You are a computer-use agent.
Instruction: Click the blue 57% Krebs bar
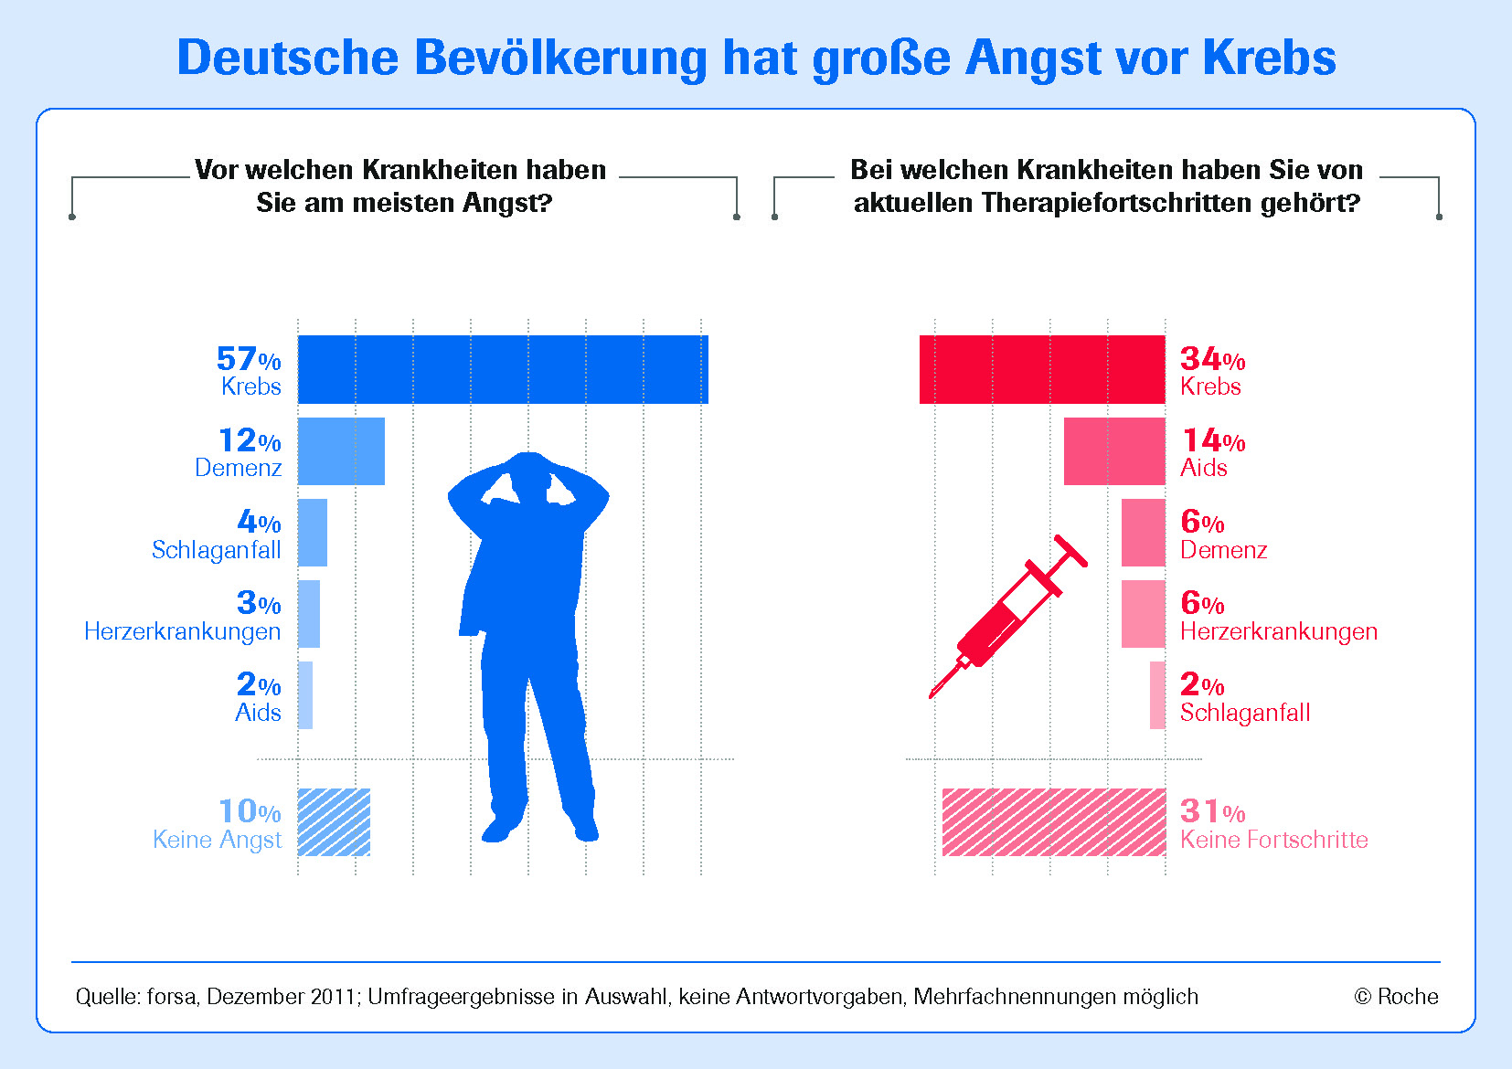click(503, 369)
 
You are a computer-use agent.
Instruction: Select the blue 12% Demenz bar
click(341, 451)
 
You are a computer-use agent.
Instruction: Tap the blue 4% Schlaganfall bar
click(313, 533)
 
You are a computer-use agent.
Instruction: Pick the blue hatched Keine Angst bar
click(335, 822)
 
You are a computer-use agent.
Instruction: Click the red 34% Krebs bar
click(1042, 369)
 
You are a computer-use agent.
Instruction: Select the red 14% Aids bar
click(1114, 451)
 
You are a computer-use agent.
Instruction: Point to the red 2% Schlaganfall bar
click(1157, 695)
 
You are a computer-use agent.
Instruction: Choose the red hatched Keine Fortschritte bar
click(1054, 822)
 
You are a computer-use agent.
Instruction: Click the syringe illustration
click(1006, 617)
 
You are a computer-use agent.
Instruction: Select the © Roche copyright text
click(1396, 997)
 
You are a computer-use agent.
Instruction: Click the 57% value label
click(249, 359)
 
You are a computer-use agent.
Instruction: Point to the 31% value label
click(1212, 811)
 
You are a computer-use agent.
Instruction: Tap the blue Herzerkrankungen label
click(183, 631)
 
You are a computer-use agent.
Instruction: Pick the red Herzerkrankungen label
click(1278, 631)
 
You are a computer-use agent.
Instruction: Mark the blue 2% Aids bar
click(305, 695)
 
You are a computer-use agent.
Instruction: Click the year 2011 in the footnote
click(333, 997)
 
